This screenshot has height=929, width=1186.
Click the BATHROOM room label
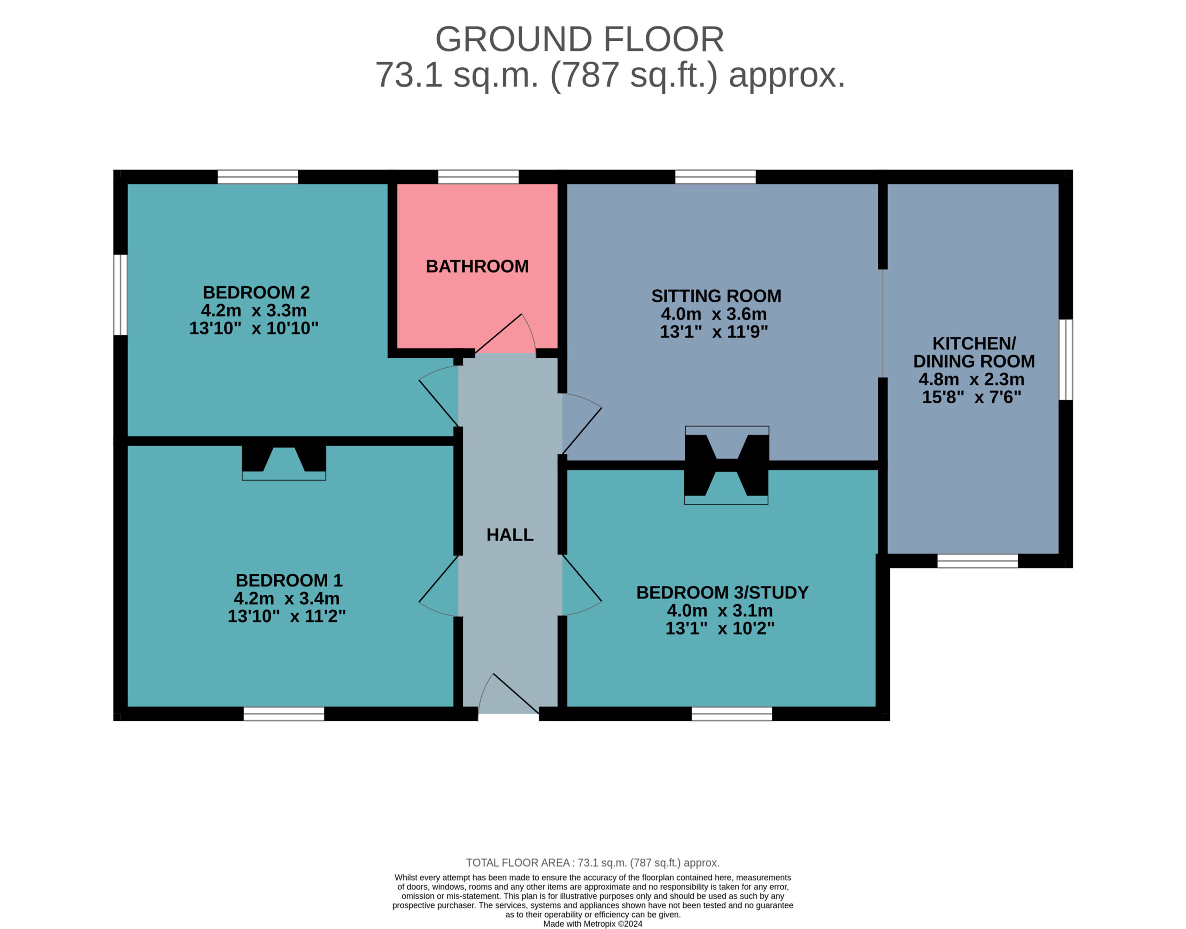point(477,266)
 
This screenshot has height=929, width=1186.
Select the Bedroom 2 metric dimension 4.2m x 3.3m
point(254,310)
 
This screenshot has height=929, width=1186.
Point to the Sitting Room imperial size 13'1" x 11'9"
point(713,331)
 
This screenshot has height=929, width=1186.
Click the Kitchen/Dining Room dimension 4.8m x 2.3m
point(972,379)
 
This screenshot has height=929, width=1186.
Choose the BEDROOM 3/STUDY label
point(722,592)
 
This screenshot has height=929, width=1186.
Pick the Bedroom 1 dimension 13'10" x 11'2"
point(286,616)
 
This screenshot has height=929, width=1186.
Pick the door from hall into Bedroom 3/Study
point(581,585)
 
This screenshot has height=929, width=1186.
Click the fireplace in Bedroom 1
point(284,462)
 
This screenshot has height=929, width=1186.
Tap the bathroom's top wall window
point(478,177)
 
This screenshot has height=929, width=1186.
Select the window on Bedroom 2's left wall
point(120,295)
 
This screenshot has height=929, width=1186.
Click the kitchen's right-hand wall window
point(1066,360)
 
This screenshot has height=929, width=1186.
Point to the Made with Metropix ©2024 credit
point(593,923)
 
